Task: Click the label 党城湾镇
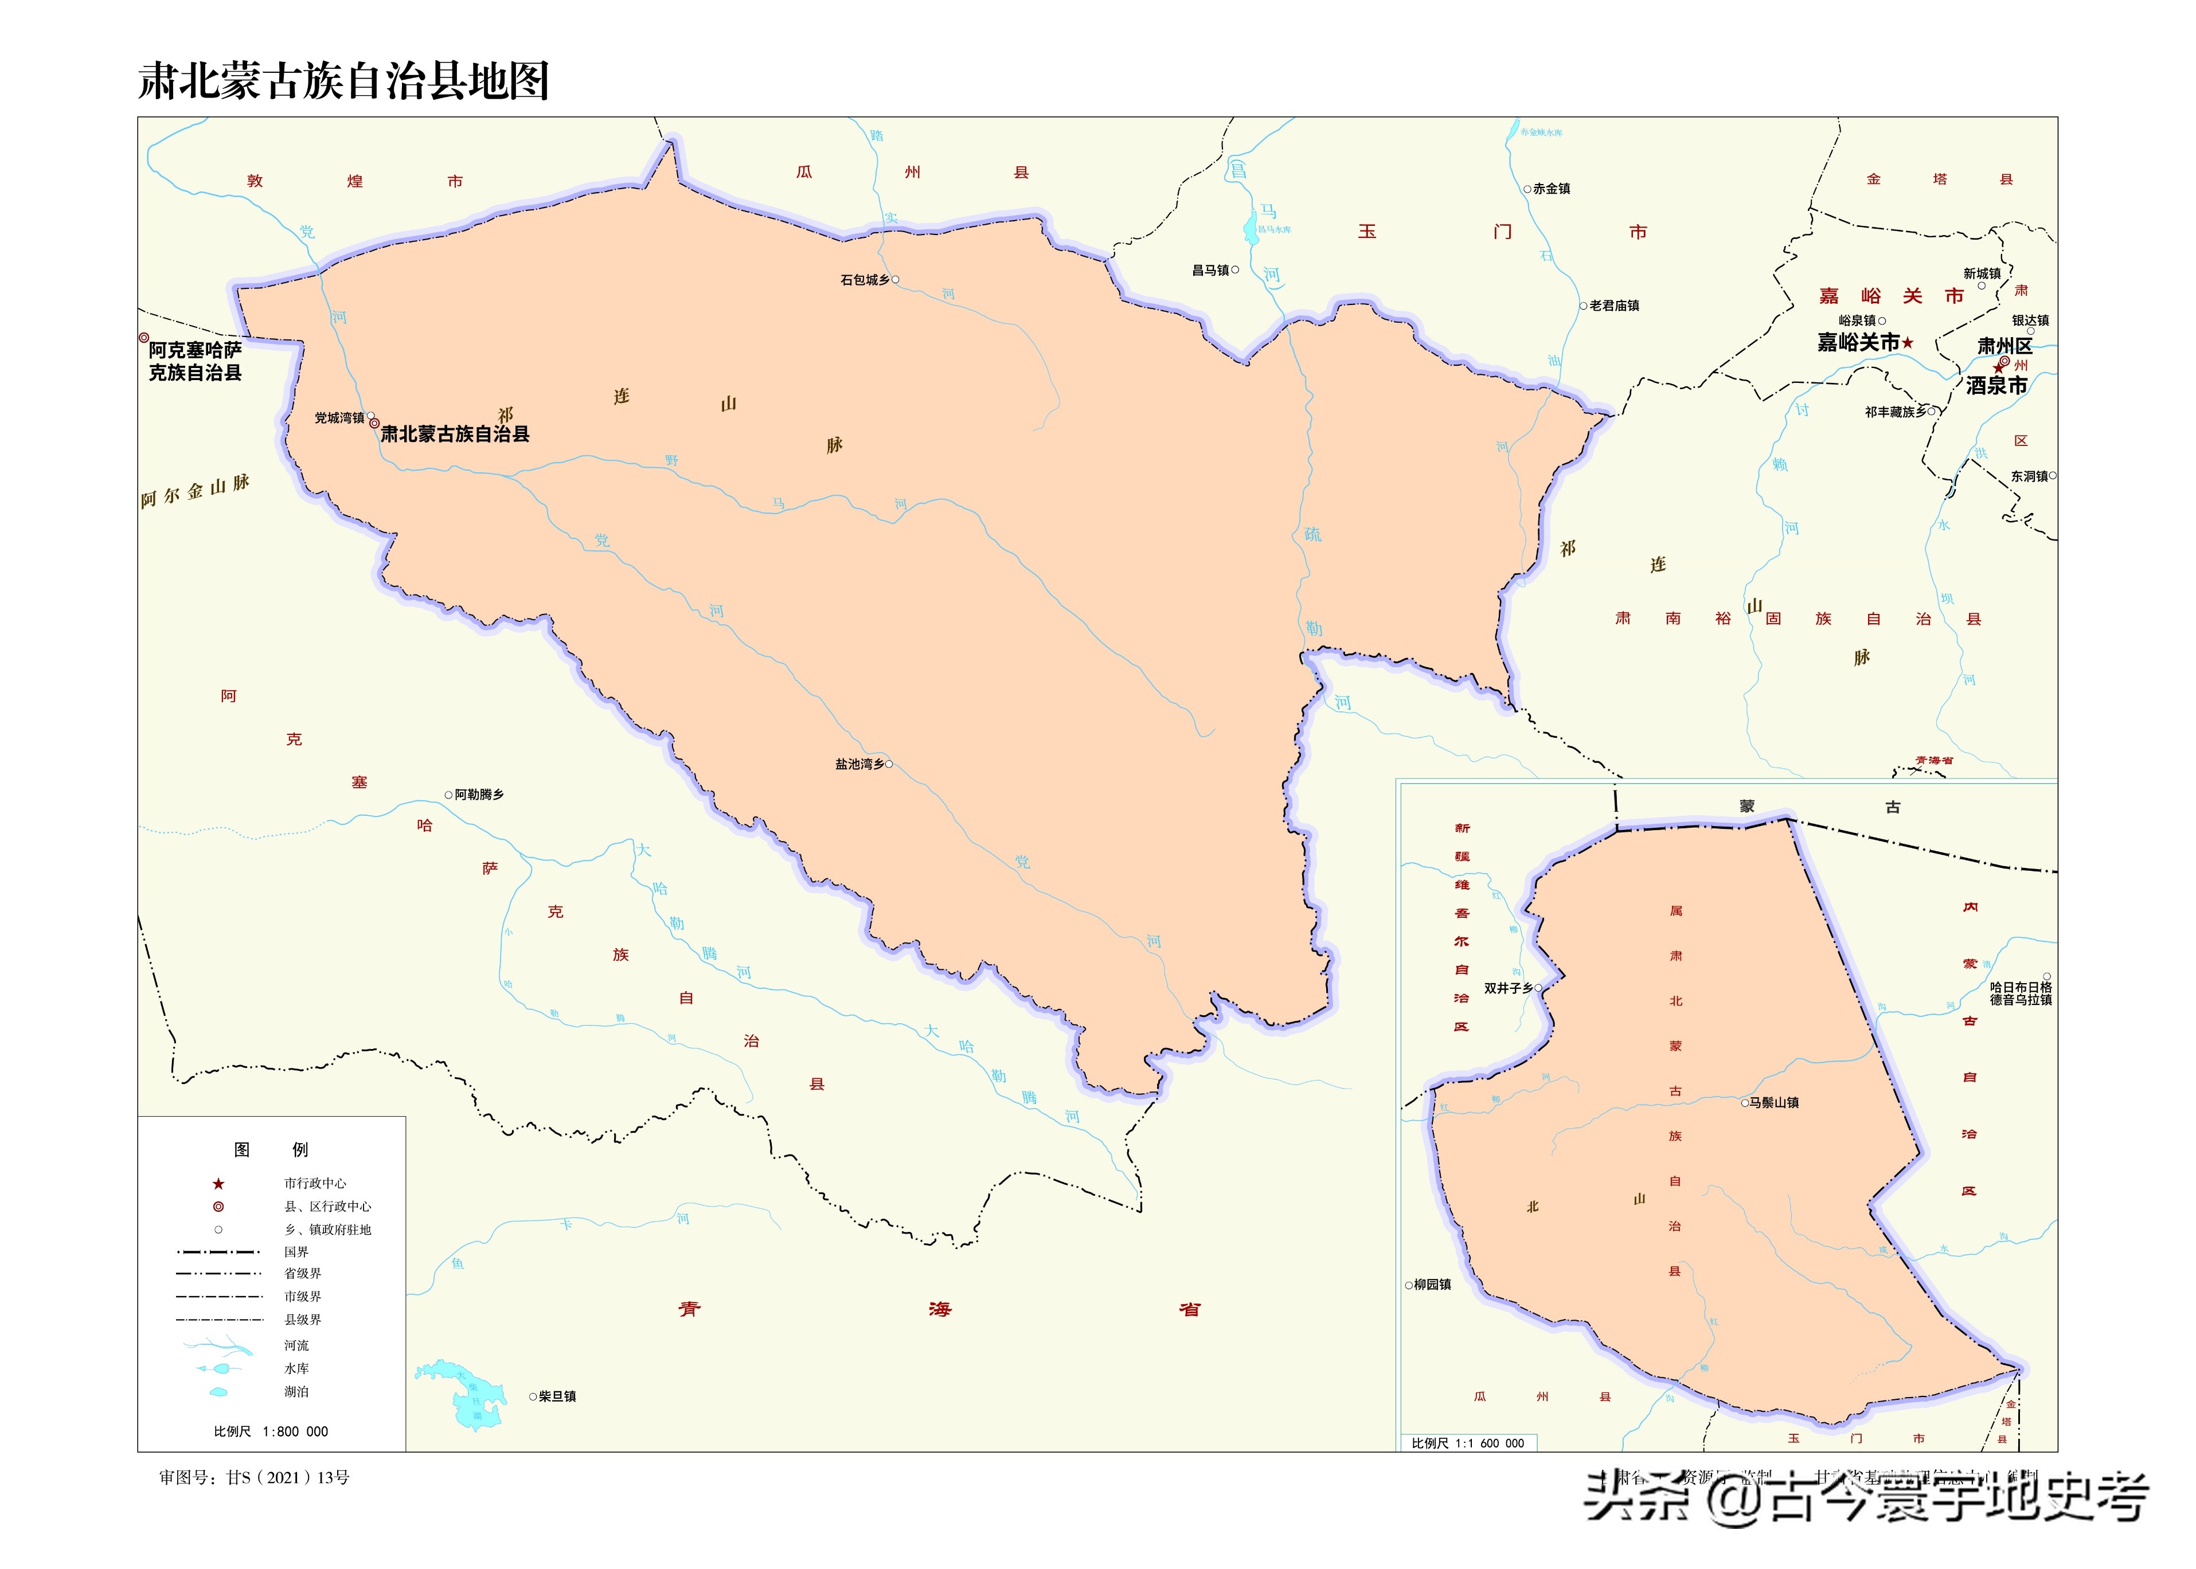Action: (339, 418)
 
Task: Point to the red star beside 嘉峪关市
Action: (1908, 343)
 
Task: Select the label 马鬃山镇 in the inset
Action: (1774, 1102)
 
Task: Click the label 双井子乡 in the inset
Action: (1508, 988)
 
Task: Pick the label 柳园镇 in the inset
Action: (1432, 1285)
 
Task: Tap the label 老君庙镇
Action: (1615, 306)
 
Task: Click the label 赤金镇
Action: (1552, 189)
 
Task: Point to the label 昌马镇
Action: (1210, 271)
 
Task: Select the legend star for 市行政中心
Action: (219, 1184)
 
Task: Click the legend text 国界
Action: (296, 1252)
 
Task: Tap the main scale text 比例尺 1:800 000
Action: (271, 1432)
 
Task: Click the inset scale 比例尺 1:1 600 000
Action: (1468, 1443)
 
